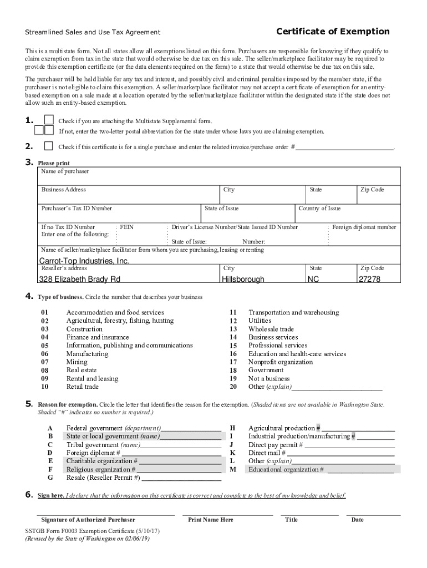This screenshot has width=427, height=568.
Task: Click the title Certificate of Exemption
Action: (333, 32)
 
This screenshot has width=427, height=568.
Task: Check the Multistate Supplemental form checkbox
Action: (49, 120)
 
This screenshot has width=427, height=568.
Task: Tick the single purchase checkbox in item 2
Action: (49, 146)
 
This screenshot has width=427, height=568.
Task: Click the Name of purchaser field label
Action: (65, 172)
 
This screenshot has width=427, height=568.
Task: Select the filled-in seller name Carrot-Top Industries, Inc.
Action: (84, 261)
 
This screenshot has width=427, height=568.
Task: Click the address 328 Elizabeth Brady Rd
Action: (79, 279)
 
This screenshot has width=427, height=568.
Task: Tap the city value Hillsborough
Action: (243, 279)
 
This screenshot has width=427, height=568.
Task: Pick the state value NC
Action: (313, 279)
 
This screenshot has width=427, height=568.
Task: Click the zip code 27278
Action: (369, 279)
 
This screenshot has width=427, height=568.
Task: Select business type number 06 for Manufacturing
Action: (45, 354)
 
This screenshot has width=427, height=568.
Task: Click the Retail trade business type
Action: (82, 387)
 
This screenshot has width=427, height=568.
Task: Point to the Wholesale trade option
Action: (271, 329)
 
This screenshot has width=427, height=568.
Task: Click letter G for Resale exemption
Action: (50, 477)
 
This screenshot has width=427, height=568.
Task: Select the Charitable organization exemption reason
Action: (102, 461)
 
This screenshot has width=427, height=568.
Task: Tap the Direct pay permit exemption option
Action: (275, 445)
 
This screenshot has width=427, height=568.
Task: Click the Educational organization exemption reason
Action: (286, 469)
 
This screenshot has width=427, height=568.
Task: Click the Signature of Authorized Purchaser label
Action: (88, 520)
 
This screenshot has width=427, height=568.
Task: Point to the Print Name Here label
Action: (211, 520)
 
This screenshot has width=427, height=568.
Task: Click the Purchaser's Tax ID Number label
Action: (77, 209)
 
